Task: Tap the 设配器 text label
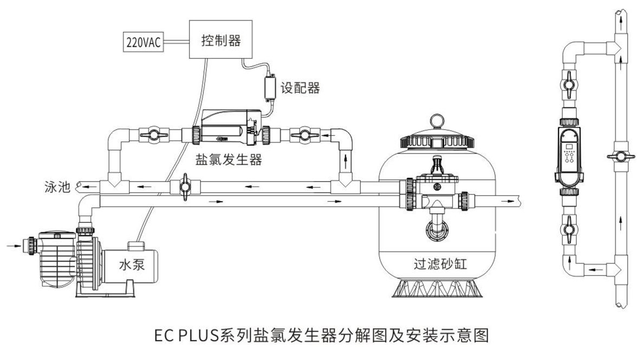click(x=300, y=87)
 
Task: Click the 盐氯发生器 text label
click(x=228, y=159)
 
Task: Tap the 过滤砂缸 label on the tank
click(x=438, y=266)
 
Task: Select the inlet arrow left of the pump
click(x=12, y=245)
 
